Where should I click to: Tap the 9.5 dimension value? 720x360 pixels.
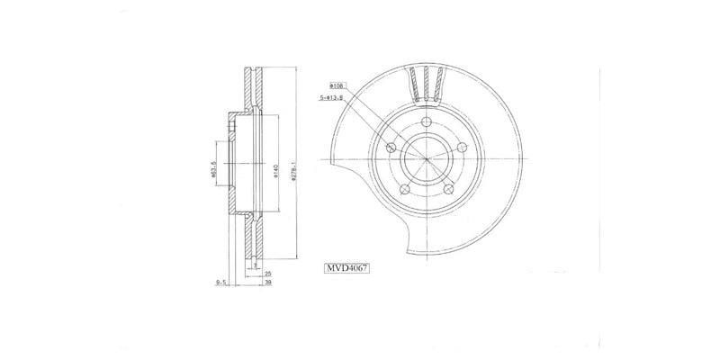click(x=220, y=282)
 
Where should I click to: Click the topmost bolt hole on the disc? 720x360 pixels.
click(x=427, y=125)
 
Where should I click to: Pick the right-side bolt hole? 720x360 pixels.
click(x=463, y=148)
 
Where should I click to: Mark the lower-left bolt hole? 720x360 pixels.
click(x=405, y=190)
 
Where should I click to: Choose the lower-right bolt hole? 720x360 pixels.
click(x=449, y=190)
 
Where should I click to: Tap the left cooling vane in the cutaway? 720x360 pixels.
click(x=415, y=85)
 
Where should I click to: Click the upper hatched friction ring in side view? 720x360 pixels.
click(x=252, y=90)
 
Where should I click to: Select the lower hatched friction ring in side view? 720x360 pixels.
click(x=252, y=238)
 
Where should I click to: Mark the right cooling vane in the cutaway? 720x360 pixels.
click(x=440, y=85)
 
